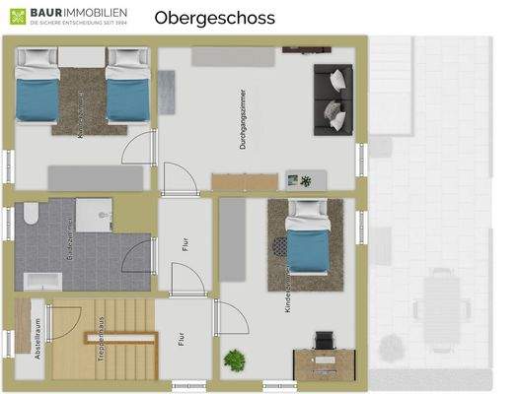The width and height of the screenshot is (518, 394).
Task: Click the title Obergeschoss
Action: pyautogui.click(x=214, y=18)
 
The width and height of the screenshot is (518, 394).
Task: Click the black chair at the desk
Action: pyautogui.click(x=325, y=340)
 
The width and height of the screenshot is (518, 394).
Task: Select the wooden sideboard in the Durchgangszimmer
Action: pyautogui.click(x=245, y=182)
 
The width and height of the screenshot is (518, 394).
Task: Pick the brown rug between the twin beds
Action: pyautogui.click(x=90, y=99)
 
